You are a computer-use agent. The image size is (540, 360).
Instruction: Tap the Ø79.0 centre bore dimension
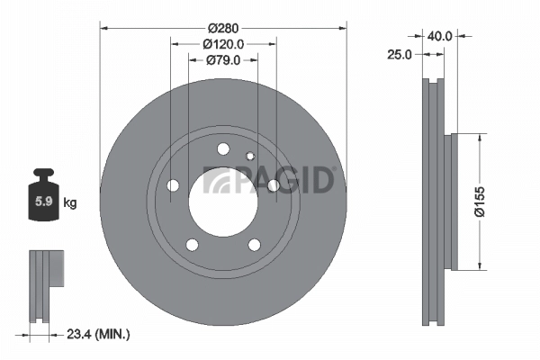[222, 60]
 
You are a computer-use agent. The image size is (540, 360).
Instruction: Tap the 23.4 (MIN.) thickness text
[98, 334]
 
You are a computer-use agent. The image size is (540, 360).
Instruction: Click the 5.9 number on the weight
[42, 202]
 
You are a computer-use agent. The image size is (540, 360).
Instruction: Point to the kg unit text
[70, 203]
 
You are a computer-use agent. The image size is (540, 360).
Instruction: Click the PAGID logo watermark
[270, 179]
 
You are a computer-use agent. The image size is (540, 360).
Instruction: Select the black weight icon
[42, 195]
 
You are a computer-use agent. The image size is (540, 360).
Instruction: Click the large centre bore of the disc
[222, 195]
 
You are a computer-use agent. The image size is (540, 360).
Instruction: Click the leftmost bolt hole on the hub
[173, 185]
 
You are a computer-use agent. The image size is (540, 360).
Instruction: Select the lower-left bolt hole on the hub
[192, 243]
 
